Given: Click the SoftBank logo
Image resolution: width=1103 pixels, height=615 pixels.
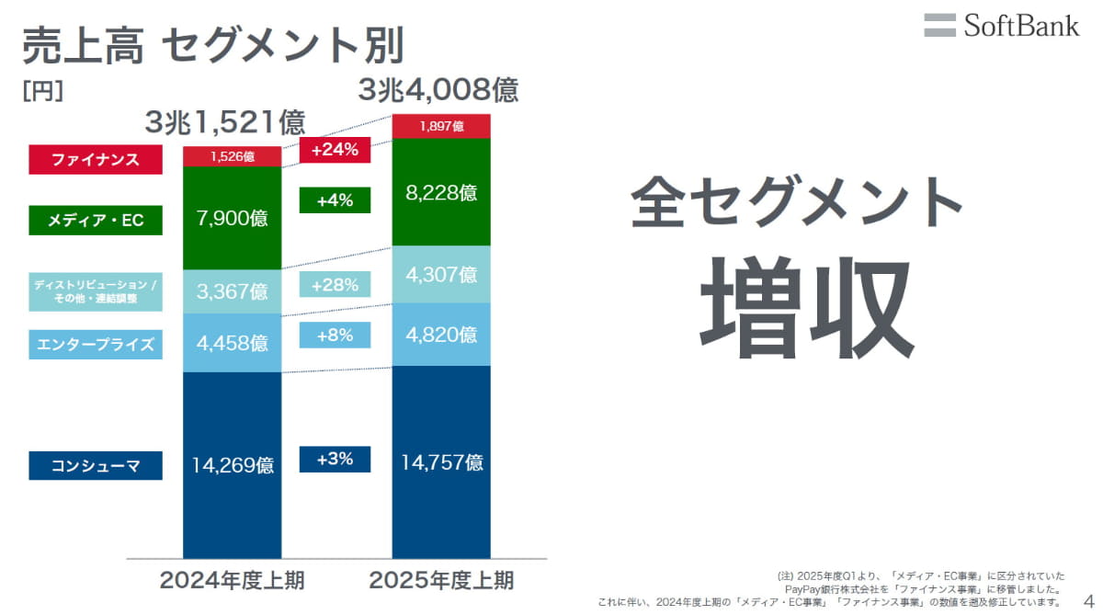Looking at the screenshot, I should (1001, 25).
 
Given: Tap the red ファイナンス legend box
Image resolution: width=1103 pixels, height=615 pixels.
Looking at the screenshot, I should (96, 160).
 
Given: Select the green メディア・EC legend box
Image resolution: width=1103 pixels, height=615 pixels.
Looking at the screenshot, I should (96, 221).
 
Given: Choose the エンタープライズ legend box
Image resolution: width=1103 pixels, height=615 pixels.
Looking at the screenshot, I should (96, 346).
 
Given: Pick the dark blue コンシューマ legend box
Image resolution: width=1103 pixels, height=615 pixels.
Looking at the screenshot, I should (96, 465).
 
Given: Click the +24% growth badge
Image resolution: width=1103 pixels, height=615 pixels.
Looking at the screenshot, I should (335, 150).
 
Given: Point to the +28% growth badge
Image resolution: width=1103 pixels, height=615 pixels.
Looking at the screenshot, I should (335, 285).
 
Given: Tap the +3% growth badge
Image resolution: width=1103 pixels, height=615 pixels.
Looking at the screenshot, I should (335, 459).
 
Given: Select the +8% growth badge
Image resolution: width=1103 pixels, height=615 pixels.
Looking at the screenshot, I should (335, 336).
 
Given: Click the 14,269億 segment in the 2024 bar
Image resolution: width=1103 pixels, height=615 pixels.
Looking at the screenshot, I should (233, 464).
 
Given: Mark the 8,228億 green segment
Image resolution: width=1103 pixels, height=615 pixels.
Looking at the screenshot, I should (441, 193).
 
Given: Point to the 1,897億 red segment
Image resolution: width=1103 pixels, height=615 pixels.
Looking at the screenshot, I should (441, 127).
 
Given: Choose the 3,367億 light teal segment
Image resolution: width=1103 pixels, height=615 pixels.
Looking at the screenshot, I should (233, 291).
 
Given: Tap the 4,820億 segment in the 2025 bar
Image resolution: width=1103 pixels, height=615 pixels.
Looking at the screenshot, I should (441, 334).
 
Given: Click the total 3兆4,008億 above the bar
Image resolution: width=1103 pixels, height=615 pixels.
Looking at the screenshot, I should (438, 90).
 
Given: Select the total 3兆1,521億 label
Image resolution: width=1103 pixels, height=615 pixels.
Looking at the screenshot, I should (224, 122).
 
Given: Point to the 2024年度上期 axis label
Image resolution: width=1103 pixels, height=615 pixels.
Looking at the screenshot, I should (232, 581).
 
